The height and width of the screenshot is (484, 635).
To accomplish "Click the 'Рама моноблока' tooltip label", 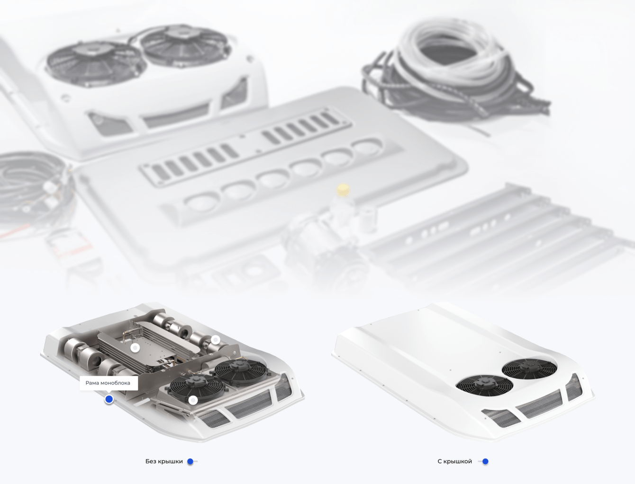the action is point(108,383).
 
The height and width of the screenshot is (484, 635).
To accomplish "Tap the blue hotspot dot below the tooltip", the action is point(109,399).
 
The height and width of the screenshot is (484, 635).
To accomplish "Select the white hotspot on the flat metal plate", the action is point(135,348).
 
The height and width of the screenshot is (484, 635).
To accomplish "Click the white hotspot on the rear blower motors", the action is point(216,340).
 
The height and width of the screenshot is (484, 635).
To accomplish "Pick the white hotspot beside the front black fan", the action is point(193,400).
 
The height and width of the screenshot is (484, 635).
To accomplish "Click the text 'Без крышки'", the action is point(164,461).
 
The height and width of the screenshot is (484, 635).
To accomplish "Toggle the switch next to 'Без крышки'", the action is point(192,461).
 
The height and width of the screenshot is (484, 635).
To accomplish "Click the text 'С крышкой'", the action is point(455,461).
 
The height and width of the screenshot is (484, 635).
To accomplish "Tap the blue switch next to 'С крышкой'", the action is point(483,461).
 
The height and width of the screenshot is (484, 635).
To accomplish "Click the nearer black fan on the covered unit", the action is point(484,385).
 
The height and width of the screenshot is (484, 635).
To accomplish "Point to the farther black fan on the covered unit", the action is point(529,369).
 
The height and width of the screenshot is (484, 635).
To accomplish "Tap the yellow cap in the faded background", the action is point(343,190).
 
